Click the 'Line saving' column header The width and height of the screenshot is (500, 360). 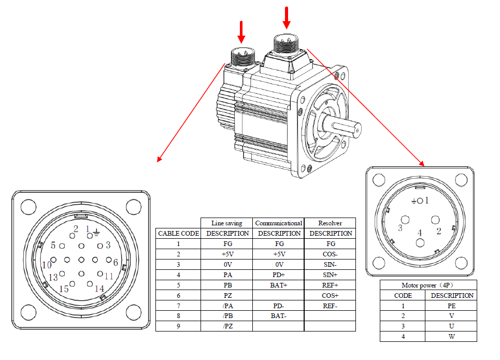[x=226, y=223]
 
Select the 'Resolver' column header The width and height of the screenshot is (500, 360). [x=330, y=223]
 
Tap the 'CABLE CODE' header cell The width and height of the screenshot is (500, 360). [x=178, y=234]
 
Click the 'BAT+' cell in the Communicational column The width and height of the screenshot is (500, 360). [x=279, y=285]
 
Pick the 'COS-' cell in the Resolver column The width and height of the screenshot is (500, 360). [x=330, y=254]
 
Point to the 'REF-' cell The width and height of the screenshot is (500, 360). [x=330, y=306]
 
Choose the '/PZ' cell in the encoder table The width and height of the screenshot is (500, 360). [x=226, y=326]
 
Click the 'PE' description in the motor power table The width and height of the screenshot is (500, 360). [x=451, y=306]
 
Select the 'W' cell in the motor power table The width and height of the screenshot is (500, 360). [x=451, y=337]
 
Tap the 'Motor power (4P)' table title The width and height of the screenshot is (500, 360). [x=428, y=285]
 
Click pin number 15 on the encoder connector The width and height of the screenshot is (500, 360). [x=64, y=289]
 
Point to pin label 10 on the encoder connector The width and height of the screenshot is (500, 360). [x=47, y=265]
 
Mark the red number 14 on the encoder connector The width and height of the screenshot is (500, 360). [x=99, y=289]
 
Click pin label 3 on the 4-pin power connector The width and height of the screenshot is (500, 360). [x=401, y=228]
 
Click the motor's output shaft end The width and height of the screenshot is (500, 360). [x=358, y=128]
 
